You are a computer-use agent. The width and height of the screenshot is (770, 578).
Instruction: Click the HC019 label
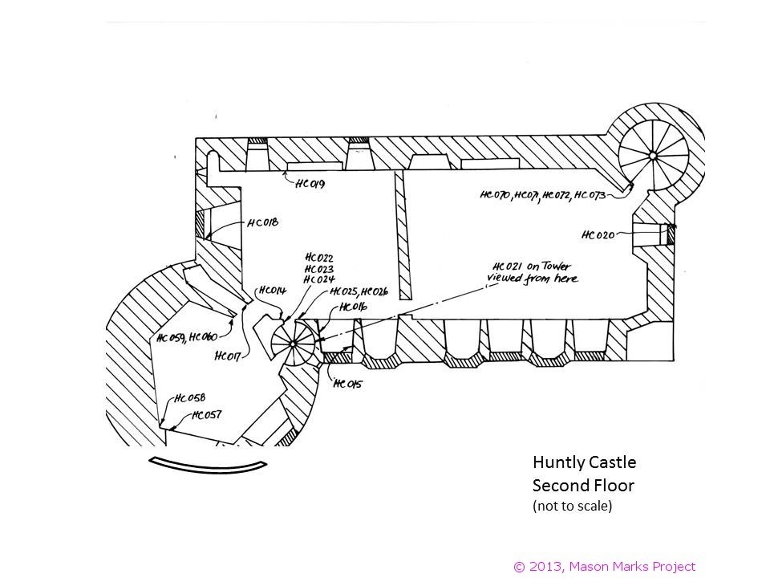click(x=310, y=184)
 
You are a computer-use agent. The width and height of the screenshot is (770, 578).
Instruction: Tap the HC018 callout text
click(x=263, y=222)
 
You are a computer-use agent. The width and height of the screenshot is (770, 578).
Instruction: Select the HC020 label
click(x=598, y=235)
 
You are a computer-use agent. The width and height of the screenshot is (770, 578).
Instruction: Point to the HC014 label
click(x=272, y=291)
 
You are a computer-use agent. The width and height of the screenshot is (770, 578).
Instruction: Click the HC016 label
click(x=353, y=307)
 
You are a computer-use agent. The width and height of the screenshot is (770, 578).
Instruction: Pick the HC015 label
click(x=347, y=384)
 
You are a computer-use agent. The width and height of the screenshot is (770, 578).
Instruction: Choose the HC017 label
click(x=228, y=356)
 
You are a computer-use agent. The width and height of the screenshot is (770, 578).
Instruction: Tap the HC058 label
click(x=190, y=397)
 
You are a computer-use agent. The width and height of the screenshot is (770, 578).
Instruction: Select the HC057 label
click(x=206, y=415)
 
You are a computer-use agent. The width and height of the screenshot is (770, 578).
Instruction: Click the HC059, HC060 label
click(x=187, y=338)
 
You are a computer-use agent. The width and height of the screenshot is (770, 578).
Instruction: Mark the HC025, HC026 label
click(x=359, y=292)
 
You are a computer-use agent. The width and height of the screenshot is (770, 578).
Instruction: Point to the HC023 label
click(x=319, y=269)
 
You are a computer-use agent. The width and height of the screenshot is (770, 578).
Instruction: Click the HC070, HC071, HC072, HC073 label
click(x=543, y=195)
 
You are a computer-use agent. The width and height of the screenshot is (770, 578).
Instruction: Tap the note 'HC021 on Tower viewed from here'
click(x=533, y=273)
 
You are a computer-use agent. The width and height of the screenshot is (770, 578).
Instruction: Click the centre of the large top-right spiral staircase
click(x=653, y=155)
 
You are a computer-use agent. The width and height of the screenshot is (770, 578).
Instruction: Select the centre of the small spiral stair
click(x=294, y=344)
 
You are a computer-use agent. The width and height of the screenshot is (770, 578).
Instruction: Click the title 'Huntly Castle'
click(x=585, y=462)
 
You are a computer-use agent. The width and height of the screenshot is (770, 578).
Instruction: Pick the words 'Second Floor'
click(x=583, y=486)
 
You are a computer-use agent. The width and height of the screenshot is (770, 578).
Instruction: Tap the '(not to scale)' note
click(x=573, y=506)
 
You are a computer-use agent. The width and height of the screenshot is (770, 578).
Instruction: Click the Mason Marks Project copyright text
click(x=605, y=567)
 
